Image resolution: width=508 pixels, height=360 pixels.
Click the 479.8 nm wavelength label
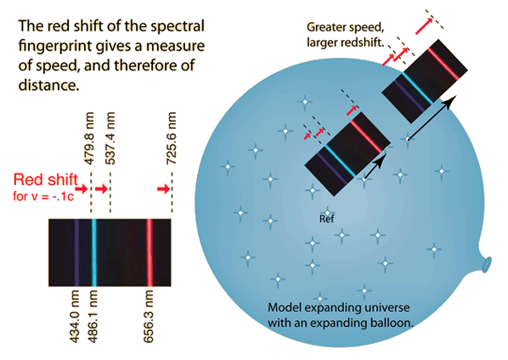pos(89,138)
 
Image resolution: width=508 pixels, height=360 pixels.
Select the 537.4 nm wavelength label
pos(110,138)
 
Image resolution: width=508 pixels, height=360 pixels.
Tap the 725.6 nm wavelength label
pos(172,138)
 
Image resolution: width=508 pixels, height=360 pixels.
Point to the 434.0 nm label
pos(75,317)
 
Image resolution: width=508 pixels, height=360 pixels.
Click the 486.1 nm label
pos(93,317)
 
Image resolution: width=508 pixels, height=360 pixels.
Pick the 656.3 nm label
pos(149,317)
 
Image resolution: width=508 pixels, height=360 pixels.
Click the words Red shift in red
pos(46,179)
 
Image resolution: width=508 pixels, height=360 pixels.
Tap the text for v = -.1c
pos(43,196)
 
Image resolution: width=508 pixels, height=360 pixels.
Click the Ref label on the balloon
pos(326,219)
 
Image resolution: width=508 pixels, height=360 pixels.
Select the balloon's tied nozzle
pos(485,264)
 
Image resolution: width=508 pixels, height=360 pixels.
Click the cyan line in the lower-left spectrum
pos(94,252)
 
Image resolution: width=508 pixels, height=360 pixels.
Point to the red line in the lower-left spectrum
pos(150,252)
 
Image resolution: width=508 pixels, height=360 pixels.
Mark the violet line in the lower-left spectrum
pos(76,252)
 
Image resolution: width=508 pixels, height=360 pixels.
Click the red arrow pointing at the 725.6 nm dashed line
pos(164,188)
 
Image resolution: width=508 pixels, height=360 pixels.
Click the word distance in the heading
pos(49,85)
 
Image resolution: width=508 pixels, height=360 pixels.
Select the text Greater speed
pos(346,27)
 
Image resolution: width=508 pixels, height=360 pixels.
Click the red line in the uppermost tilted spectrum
pos(443,64)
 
